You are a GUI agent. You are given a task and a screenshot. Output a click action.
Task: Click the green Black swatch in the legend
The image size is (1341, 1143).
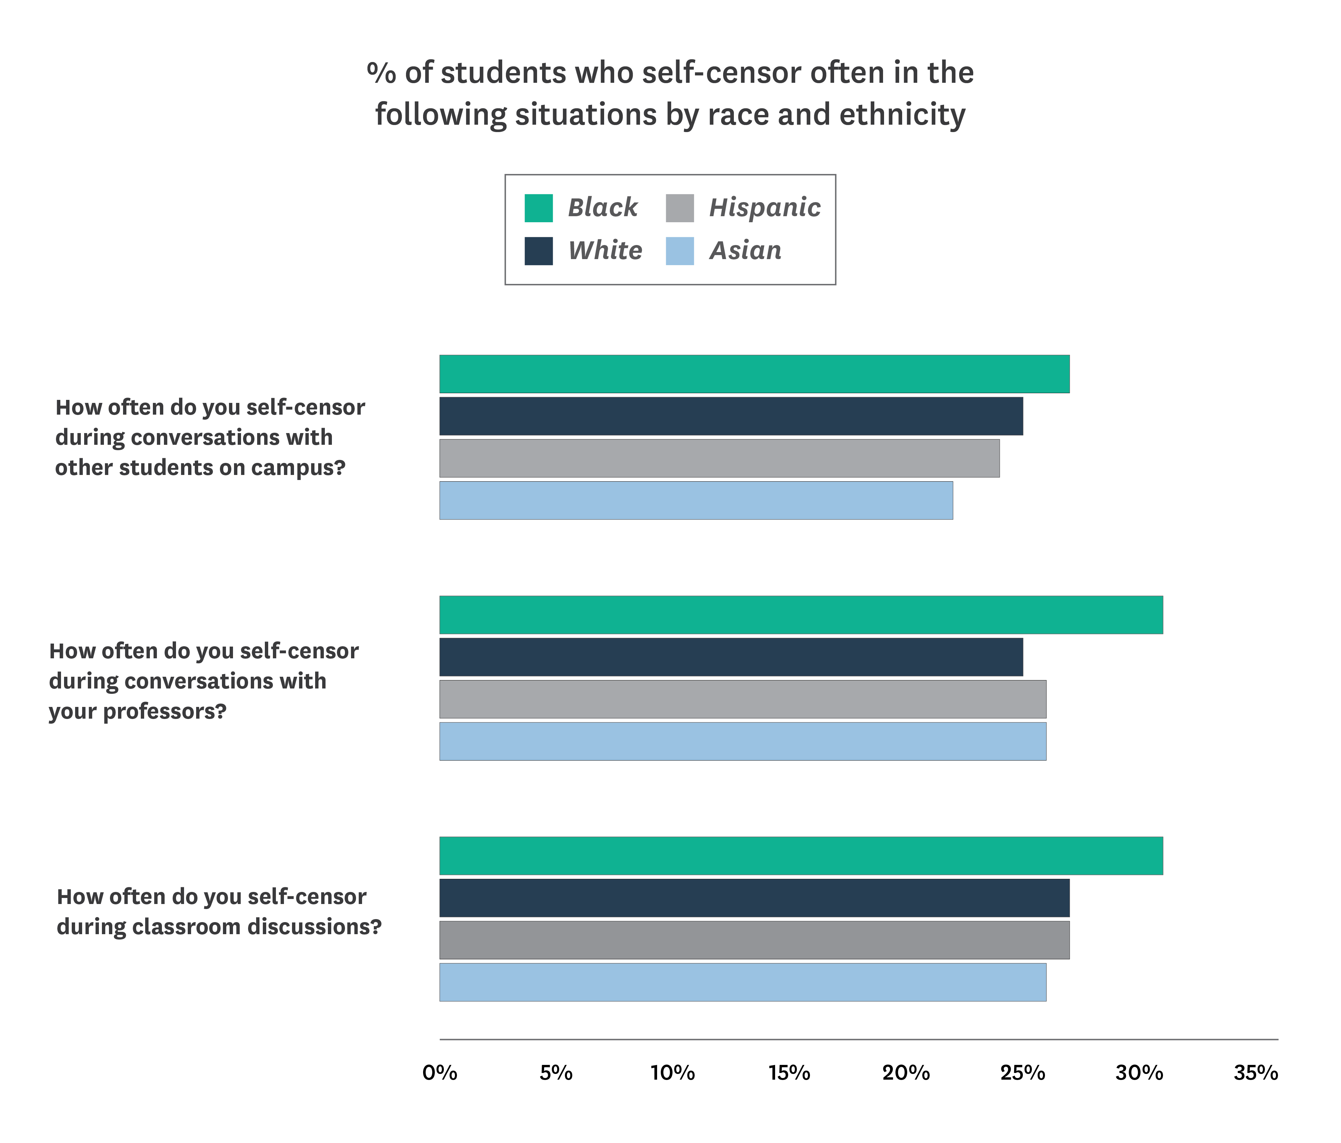[x=538, y=208]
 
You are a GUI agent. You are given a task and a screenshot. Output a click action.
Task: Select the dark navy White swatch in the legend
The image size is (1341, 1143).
[x=538, y=251]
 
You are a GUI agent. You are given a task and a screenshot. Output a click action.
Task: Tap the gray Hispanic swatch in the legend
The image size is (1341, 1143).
[x=680, y=208]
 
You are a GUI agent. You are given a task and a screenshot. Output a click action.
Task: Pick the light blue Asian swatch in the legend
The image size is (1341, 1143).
[x=680, y=251]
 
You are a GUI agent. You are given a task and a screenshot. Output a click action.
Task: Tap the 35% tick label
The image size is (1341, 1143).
[x=1256, y=1073]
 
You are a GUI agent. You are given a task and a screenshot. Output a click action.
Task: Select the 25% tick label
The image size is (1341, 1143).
[x=1023, y=1073]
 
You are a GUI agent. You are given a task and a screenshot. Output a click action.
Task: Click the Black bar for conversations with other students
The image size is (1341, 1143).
[x=754, y=374]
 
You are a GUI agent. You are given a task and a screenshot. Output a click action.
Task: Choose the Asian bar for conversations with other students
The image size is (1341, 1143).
[x=696, y=500]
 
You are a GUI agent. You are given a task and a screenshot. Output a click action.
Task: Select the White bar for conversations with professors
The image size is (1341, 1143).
[x=731, y=657]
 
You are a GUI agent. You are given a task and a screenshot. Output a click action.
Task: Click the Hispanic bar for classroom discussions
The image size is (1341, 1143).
[x=754, y=940]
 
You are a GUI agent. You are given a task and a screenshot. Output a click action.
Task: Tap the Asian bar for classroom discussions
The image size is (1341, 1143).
[x=742, y=982]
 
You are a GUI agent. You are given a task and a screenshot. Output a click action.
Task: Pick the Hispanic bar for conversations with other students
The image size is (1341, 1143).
[x=719, y=458]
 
